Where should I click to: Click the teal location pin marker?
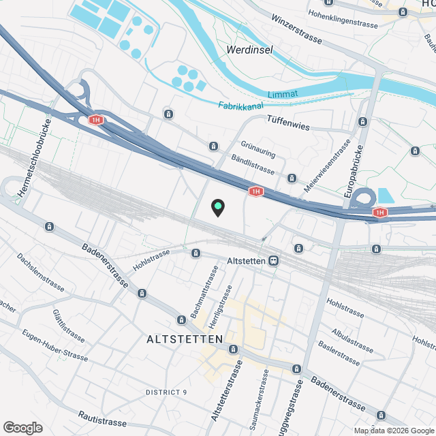point(217,207)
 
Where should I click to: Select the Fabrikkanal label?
point(241,106)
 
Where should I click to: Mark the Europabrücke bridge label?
point(356,167)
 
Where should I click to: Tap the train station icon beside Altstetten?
point(273,260)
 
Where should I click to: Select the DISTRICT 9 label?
point(166,392)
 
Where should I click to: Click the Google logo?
point(22,427)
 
